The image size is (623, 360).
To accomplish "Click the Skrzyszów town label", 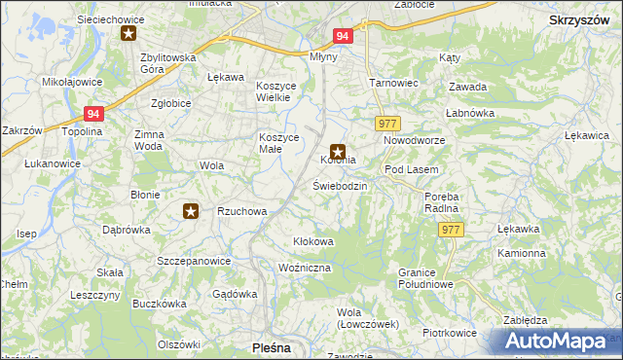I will [x=579, y=19].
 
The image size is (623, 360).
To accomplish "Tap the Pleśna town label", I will [x=270, y=346].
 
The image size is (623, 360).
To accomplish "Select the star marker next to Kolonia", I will [x=338, y=151].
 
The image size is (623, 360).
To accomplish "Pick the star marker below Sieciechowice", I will [x=128, y=34].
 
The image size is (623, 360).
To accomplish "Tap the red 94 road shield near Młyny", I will [x=342, y=35].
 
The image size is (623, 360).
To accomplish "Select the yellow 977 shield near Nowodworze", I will [x=386, y=123].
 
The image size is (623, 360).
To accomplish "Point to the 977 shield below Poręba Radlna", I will [x=450, y=230].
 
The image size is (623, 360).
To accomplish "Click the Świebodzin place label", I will [x=340, y=185].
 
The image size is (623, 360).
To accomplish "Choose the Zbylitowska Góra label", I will [x=168, y=63].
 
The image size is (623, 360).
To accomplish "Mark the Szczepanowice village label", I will [x=194, y=261].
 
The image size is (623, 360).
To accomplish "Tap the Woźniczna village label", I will [x=305, y=267].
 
